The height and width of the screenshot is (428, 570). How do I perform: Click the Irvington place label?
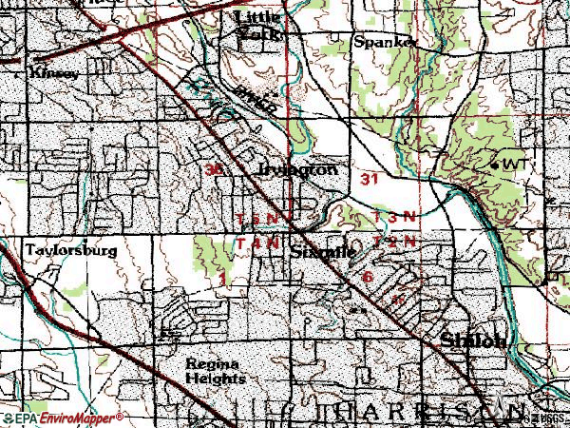pos(297,170)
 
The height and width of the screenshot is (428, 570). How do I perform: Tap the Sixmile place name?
pos(324,253)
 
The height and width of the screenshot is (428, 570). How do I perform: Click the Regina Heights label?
pos(214,371)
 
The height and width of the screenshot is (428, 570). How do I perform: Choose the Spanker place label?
pos(384,42)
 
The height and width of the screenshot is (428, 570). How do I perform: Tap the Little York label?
pos(258,25)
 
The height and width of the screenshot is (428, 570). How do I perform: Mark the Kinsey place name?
pos(50,71)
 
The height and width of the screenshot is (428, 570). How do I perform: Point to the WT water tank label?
pos(514,165)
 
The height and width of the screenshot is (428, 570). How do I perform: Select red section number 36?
pos(214,169)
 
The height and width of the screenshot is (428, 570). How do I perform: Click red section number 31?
pos(370,178)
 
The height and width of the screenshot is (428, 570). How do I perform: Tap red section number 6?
pos(368,277)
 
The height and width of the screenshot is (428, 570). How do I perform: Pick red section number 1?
pos(222,279)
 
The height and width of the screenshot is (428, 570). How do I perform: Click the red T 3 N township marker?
pos(394,217)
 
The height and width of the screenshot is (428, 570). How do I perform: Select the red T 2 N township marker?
pos(394,242)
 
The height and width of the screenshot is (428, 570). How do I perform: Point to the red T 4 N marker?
pos(257,243)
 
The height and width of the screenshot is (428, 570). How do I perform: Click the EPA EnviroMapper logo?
pos(62,417)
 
